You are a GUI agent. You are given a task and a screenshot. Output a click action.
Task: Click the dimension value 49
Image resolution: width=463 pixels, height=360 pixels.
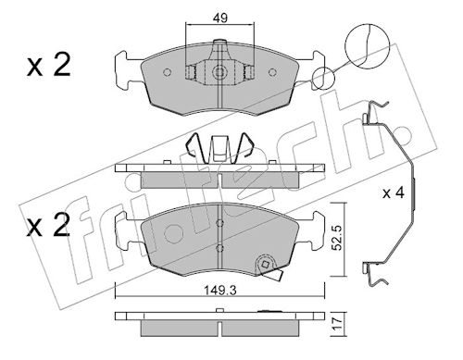[220, 19]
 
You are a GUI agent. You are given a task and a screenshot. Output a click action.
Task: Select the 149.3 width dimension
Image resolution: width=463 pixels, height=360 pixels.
[219, 291]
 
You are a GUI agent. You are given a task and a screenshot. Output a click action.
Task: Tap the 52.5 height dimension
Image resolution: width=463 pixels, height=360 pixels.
[339, 237]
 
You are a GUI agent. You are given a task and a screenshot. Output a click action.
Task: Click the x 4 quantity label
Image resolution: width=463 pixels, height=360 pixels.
[394, 193]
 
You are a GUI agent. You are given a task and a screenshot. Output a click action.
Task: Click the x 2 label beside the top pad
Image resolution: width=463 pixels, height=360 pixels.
[49, 65]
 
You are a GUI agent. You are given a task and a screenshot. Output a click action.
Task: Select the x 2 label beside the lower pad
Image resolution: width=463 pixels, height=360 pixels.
[48, 226]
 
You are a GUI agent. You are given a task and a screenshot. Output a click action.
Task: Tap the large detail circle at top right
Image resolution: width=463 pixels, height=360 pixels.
[367, 45]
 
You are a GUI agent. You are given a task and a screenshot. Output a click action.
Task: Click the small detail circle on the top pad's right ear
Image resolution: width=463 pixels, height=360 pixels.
[323, 78]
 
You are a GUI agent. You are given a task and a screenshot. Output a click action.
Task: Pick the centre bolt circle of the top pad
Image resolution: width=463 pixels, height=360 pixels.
[219, 72]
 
